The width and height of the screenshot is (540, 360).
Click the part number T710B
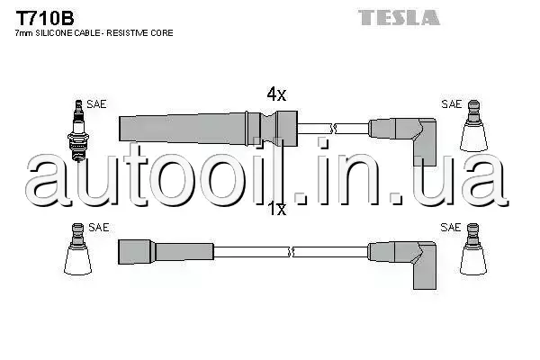pyautogui.click(x=45, y=18)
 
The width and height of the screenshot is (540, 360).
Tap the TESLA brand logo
pyautogui.click(x=399, y=17)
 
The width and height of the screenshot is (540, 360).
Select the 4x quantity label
pyautogui.click(x=276, y=94)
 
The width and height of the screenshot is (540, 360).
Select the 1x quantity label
pyautogui.click(x=277, y=209)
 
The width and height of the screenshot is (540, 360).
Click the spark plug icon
pyautogui.click(x=78, y=130)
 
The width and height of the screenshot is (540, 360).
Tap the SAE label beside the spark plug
pyautogui.click(x=96, y=103)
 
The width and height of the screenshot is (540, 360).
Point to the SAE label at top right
pyautogui.click(x=451, y=103)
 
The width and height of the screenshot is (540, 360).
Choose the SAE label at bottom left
pyautogui.click(x=98, y=228)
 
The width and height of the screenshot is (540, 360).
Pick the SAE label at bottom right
pyautogui.click(x=451, y=228)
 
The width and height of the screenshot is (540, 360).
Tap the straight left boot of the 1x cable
pyautogui.click(x=166, y=252)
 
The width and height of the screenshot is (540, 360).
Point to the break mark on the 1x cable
pyautogui.click(x=291, y=252)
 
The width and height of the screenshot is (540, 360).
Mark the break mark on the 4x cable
pyautogui.click(x=333, y=129)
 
